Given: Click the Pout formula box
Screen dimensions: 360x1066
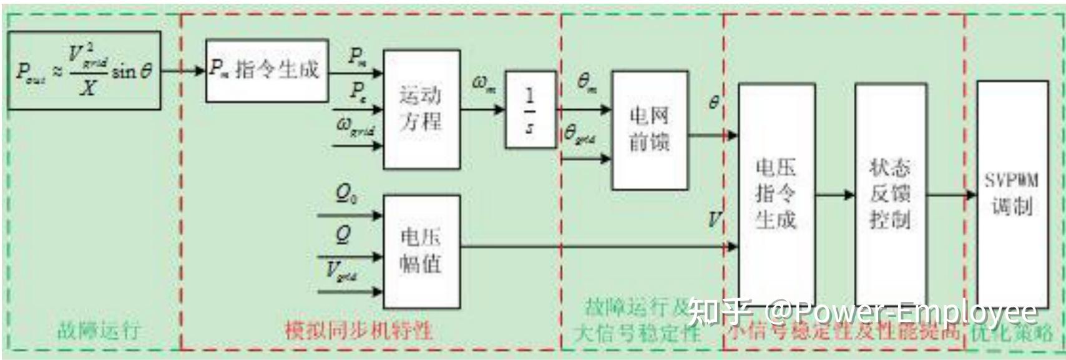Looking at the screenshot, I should [x=84, y=71].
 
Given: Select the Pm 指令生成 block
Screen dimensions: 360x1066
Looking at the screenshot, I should [x=266, y=70].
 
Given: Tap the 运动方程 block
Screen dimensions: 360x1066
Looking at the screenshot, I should [x=421, y=109].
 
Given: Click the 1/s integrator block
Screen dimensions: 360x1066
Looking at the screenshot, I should [x=529, y=109].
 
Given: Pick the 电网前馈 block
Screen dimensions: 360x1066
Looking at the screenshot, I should [x=649, y=130].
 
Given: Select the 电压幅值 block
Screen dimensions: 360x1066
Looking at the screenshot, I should [x=421, y=251].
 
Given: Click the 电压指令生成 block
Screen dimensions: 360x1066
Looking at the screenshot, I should [x=776, y=193].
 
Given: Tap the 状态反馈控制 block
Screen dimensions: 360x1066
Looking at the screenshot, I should [x=890, y=193].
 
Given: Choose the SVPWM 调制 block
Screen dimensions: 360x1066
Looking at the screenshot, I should [x=1012, y=193].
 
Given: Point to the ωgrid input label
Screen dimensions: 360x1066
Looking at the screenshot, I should [x=355, y=128].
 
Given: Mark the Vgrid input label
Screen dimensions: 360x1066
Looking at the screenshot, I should [x=341, y=272].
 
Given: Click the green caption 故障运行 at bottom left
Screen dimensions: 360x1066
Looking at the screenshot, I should [x=99, y=330].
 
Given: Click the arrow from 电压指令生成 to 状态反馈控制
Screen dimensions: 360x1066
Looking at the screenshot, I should [x=834, y=195].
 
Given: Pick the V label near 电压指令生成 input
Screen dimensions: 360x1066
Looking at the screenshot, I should [x=714, y=219].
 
